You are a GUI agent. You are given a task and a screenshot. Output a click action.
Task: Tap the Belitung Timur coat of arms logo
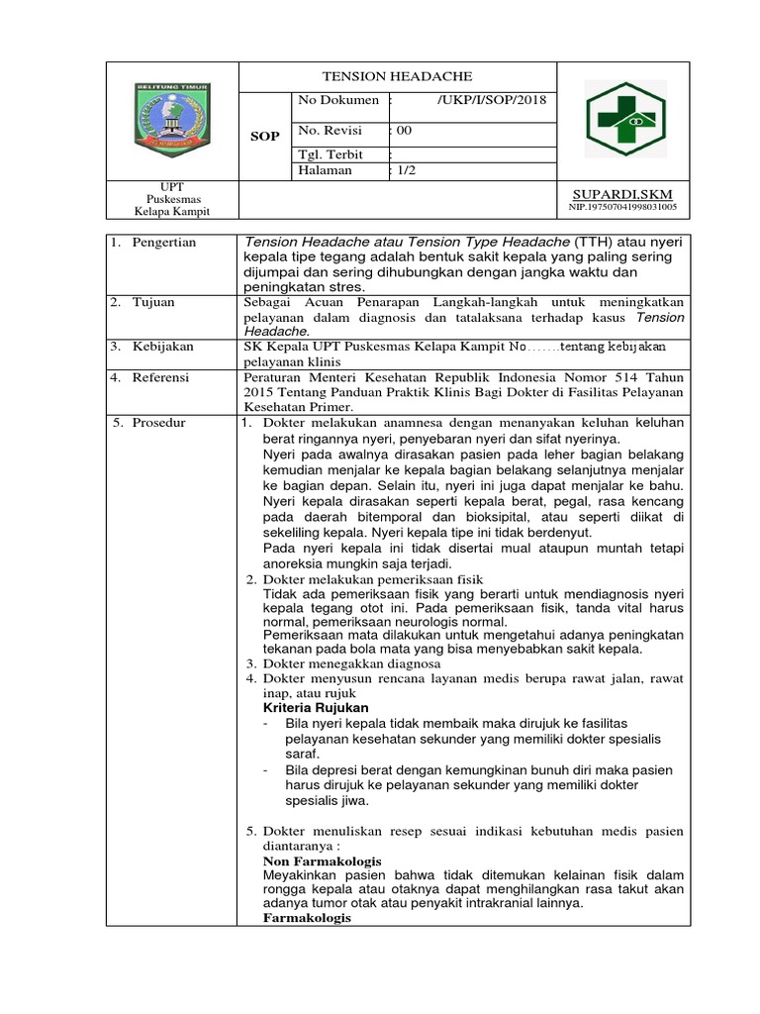click(x=172, y=117)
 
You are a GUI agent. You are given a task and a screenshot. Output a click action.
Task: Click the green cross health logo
click(x=624, y=118)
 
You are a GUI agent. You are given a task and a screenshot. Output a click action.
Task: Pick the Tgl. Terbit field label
click(x=331, y=154)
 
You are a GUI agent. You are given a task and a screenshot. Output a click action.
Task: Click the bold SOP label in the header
click(x=264, y=135)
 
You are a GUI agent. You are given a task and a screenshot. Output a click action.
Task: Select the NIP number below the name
click(x=622, y=207)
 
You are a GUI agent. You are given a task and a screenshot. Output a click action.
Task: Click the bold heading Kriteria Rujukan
click(x=316, y=708)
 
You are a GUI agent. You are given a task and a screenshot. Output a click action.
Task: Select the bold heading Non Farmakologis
click(x=322, y=862)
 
